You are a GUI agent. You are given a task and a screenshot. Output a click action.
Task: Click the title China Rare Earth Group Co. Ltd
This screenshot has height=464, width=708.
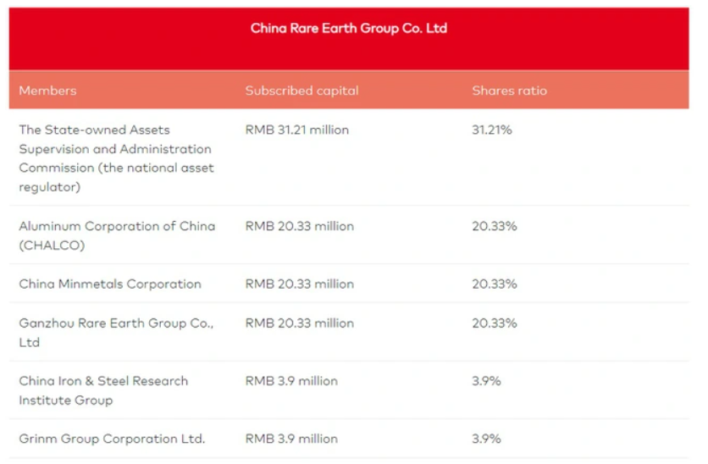point(348,29)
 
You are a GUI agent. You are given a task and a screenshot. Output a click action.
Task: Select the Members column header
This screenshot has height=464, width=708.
point(47,91)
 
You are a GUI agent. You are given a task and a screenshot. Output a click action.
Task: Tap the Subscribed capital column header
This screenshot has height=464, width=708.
point(301,91)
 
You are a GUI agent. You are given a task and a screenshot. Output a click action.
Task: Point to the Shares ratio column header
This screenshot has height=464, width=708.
point(509,91)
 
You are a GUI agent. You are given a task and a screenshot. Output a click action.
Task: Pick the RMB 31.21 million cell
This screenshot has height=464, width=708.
point(296,130)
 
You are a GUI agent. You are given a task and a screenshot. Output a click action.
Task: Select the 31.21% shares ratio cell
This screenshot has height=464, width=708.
point(492,130)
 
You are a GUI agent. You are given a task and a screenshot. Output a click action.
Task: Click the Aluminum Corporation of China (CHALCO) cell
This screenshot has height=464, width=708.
point(117,236)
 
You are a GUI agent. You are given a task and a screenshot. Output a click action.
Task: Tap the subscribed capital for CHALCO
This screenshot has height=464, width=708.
point(299,227)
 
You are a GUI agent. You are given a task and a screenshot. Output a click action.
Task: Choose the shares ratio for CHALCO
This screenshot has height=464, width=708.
point(494,227)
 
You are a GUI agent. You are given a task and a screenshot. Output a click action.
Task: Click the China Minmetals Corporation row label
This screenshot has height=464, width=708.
point(110,284)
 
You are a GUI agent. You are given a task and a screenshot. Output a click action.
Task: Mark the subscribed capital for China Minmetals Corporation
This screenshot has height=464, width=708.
point(299,284)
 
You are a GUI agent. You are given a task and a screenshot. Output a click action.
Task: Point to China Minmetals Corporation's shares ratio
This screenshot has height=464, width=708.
point(494,284)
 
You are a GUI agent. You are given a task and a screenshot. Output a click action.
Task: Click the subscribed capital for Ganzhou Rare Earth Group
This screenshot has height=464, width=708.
point(299,323)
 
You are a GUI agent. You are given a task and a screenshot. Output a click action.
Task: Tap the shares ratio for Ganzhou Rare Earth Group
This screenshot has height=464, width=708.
point(494,323)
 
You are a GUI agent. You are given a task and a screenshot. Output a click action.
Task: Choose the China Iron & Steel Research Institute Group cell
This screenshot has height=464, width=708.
point(103,390)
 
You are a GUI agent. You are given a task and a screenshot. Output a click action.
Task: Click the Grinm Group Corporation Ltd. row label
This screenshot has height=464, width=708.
point(112,439)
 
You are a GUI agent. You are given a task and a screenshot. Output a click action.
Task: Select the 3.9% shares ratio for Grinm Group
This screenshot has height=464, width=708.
point(486,439)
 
